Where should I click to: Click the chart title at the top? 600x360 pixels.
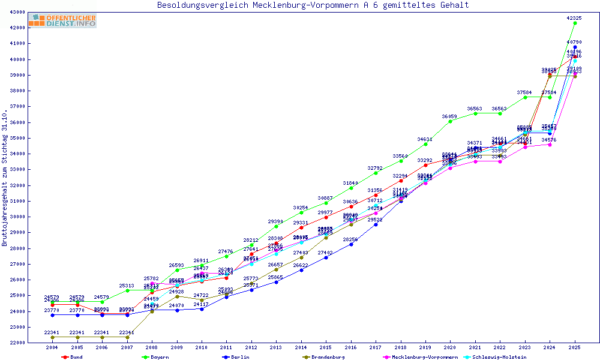pyautogui.click(x=313, y=5)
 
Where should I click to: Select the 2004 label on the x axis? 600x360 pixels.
pyautogui.click(x=52, y=347)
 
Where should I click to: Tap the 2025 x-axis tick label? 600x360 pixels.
pyautogui.click(x=575, y=347)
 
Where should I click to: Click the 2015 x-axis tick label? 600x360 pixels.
pyautogui.click(x=326, y=347)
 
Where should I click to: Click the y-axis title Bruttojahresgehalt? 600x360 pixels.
pyautogui.click(x=5, y=178)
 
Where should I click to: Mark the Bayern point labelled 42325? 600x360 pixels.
pyautogui.click(x=575, y=23)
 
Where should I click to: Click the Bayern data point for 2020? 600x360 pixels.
pyautogui.click(x=451, y=121)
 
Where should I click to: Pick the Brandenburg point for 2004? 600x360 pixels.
pyautogui.click(x=52, y=337)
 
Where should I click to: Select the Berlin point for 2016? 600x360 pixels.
pyautogui.click(x=351, y=244)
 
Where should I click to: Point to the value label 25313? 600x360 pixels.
pyautogui.click(x=127, y=286)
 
